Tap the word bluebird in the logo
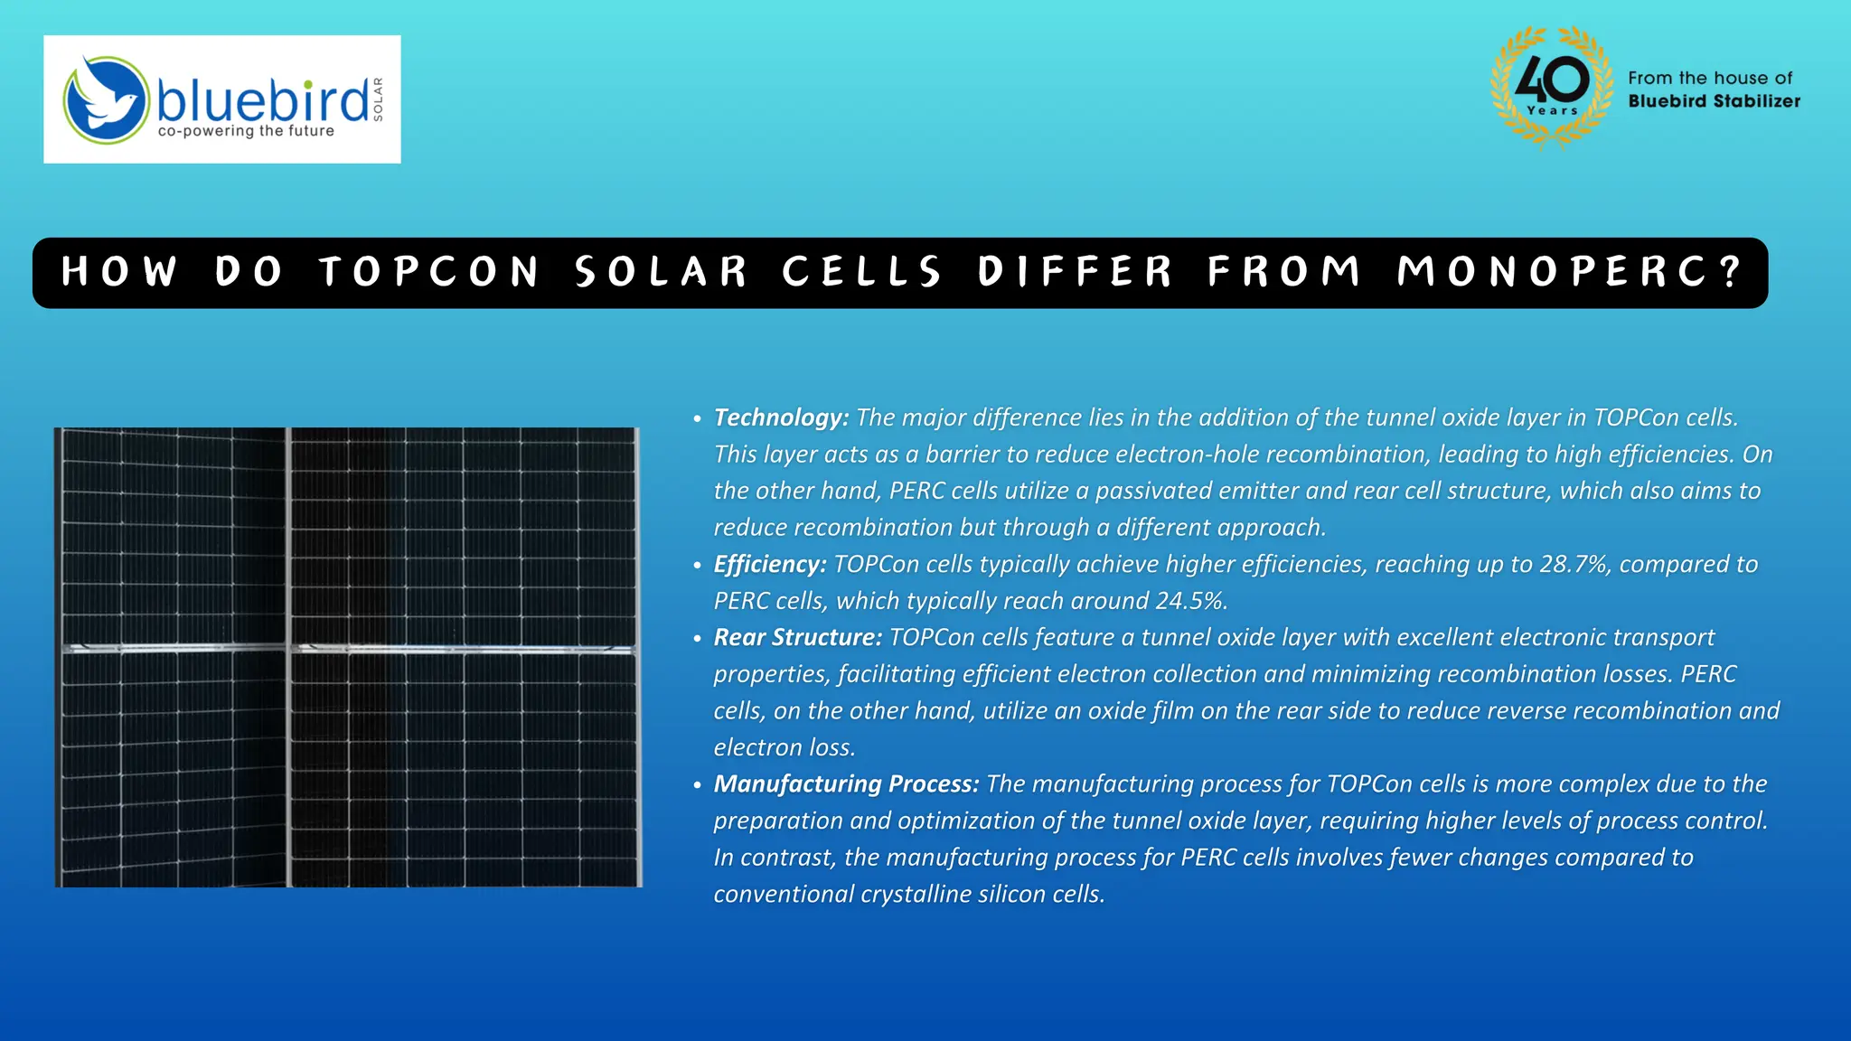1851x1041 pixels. click(263, 99)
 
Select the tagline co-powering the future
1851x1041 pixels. click(246, 131)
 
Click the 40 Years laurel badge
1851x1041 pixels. click(1552, 87)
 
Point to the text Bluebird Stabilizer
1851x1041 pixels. click(1714, 101)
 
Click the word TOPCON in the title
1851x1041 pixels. click(429, 272)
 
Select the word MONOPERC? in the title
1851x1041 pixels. click(1569, 272)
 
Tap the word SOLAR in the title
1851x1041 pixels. click(661, 272)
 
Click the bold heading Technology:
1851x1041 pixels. click(781, 417)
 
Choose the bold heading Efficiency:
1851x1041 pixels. click(770, 564)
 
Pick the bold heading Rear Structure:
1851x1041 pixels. click(797, 637)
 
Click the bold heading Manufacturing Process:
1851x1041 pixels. click(846, 783)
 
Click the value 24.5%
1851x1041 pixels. click(1191, 601)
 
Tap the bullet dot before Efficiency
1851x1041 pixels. click(697, 566)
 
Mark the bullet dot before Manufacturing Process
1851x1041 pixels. click(697, 785)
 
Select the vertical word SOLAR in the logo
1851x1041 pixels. click(378, 99)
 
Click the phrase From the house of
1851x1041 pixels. click(1710, 79)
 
